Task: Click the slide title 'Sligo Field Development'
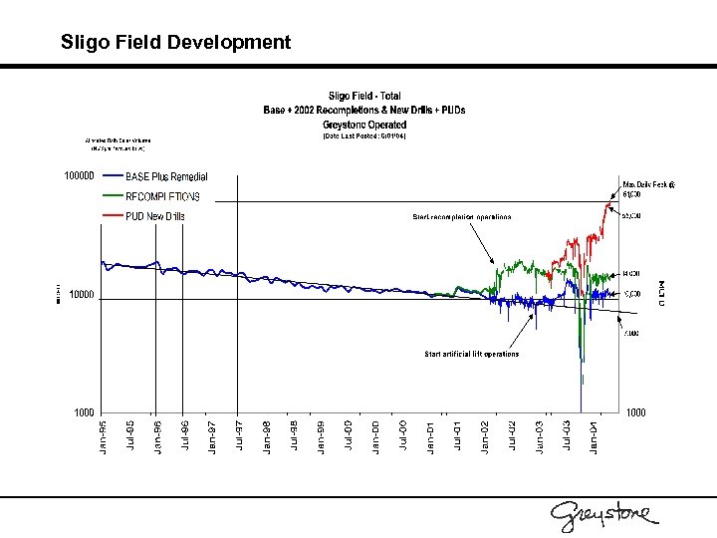[175, 42]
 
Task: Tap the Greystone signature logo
[604, 513]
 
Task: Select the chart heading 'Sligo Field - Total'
[364, 96]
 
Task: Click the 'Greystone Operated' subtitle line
[364, 125]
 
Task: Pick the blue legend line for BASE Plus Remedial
[110, 177]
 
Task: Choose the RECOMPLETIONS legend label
[162, 197]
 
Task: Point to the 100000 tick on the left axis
[79, 177]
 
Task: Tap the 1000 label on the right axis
[635, 411]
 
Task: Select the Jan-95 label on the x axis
[104, 438]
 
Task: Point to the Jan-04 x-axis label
[594, 438]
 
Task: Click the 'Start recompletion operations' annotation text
[462, 216]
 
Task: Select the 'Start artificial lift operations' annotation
[471, 354]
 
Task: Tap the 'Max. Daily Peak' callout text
[647, 184]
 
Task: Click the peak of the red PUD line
[610, 202]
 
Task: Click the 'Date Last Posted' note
[363, 136]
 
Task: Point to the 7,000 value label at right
[631, 333]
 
